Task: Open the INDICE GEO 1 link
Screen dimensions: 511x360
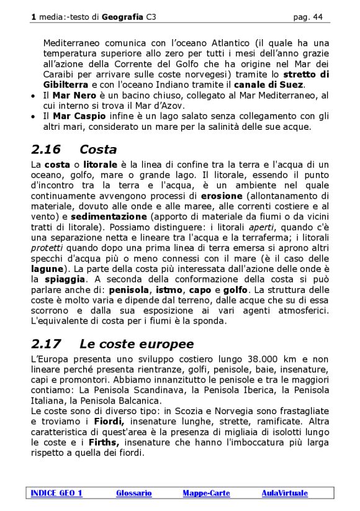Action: click(56, 493)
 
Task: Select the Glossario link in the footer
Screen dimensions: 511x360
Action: click(133, 493)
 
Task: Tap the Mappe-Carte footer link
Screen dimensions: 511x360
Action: click(206, 493)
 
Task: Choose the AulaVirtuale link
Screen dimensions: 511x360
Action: click(284, 493)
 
